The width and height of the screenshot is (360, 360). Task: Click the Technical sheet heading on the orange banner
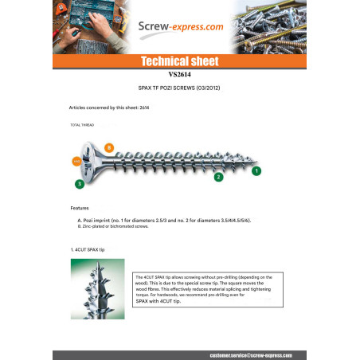[x=179, y=61]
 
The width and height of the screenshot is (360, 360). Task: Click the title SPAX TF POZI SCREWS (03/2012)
[x=179, y=87]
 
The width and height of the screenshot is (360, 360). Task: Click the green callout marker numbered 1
[x=256, y=170]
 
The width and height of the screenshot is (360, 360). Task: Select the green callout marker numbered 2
[x=218, y=177]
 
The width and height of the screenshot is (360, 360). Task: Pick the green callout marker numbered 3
[x=80, y=184]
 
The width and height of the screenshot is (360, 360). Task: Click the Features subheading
[x=80, y=208]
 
